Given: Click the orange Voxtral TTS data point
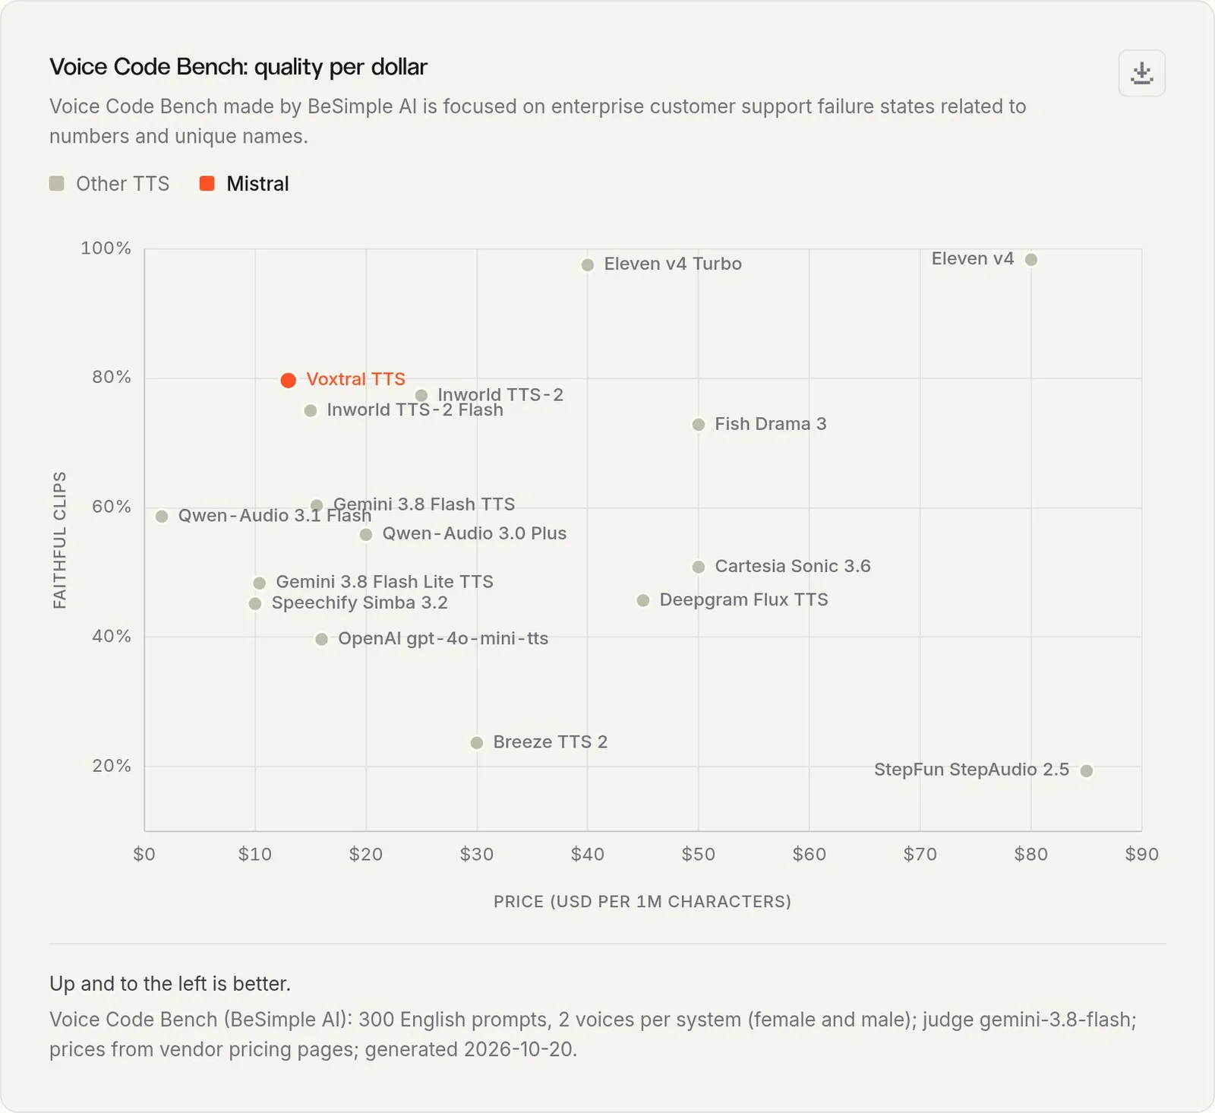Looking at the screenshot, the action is click(x=288, y=381).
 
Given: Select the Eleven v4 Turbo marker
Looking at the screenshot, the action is click(x=588, y=265).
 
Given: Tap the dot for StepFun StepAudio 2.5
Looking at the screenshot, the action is click(x=1087, y=771).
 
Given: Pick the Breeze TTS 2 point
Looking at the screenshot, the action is click(x=477, y=743).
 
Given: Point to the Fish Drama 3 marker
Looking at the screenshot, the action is click(x=699, y=425).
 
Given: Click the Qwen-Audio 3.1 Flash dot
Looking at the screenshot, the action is click(x=162, y=517).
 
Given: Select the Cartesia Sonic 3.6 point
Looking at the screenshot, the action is click(x=699, y=568).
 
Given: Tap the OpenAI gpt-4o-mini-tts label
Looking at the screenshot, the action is click(x=443, y=639).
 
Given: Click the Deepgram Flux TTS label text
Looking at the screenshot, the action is click(x=743, y=600).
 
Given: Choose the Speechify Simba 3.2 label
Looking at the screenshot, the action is click(x=359, y=603).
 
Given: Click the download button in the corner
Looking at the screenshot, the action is click(x=1141, y=73).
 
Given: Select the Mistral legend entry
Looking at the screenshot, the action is click(x=244, y=184).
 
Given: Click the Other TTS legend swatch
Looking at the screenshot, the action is click(x=57, y=184).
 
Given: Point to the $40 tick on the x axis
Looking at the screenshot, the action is click(x=588, y=855).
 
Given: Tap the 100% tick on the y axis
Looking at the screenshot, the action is click(x=106, y=248).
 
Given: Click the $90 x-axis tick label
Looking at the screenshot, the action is click(x=1141, y=855).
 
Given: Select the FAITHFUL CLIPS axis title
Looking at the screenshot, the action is click(x=60, y=540).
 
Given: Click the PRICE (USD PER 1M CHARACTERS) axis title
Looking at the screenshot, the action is click(x=642, y=902).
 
